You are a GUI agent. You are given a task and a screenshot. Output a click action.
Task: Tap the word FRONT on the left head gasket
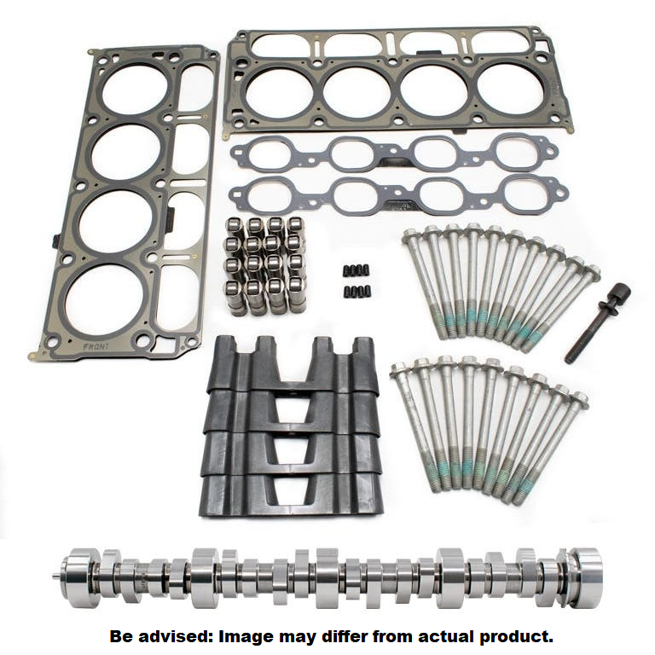[96, 347]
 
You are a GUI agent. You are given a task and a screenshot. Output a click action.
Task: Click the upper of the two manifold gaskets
[393, 154]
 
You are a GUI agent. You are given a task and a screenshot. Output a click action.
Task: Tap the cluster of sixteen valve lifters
[265, 264]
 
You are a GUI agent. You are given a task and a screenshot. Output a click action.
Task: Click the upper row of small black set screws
[357, 271]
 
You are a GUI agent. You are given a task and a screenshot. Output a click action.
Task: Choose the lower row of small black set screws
[357, 292]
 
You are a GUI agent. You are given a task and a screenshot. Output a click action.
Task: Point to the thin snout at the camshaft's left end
[56, 576]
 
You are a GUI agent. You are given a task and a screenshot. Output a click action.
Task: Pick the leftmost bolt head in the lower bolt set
[399, 370]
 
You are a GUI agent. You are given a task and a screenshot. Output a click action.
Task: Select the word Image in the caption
[247, 635]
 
